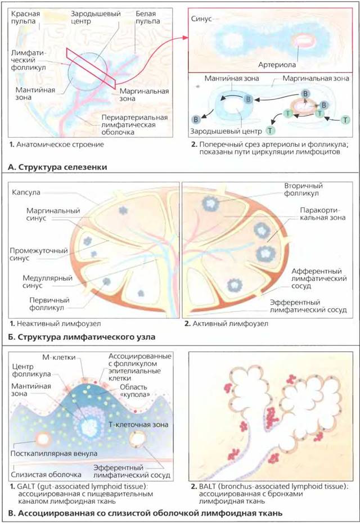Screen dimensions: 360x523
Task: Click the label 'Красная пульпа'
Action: click(25, 17)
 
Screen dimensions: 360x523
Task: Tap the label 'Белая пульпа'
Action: click(147, 17)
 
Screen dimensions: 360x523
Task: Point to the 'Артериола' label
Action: click(277, 65)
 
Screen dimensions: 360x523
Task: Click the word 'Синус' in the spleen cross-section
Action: click(201, 19)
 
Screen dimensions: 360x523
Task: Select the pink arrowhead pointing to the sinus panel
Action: click(186, 38)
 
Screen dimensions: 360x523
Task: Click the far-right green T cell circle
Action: click(345, 120)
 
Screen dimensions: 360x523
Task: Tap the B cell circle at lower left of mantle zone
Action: click(196, 119)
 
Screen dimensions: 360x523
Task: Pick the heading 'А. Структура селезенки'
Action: click(57, 167)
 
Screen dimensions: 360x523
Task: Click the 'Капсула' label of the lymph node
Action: click(26, 192)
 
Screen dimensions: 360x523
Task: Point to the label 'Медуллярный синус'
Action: click(47, 282)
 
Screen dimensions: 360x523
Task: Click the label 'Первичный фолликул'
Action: click(49, 304)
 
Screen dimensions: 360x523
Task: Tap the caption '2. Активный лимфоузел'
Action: click(226, 323)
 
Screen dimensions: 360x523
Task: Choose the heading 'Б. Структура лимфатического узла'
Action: click(82, 336)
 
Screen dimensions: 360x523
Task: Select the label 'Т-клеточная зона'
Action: click(138, 425)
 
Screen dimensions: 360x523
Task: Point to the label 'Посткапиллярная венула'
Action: click(53, 454)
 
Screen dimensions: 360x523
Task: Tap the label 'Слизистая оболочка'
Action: click(46, 475)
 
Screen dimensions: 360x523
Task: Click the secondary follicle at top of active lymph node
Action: click(210, 203)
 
